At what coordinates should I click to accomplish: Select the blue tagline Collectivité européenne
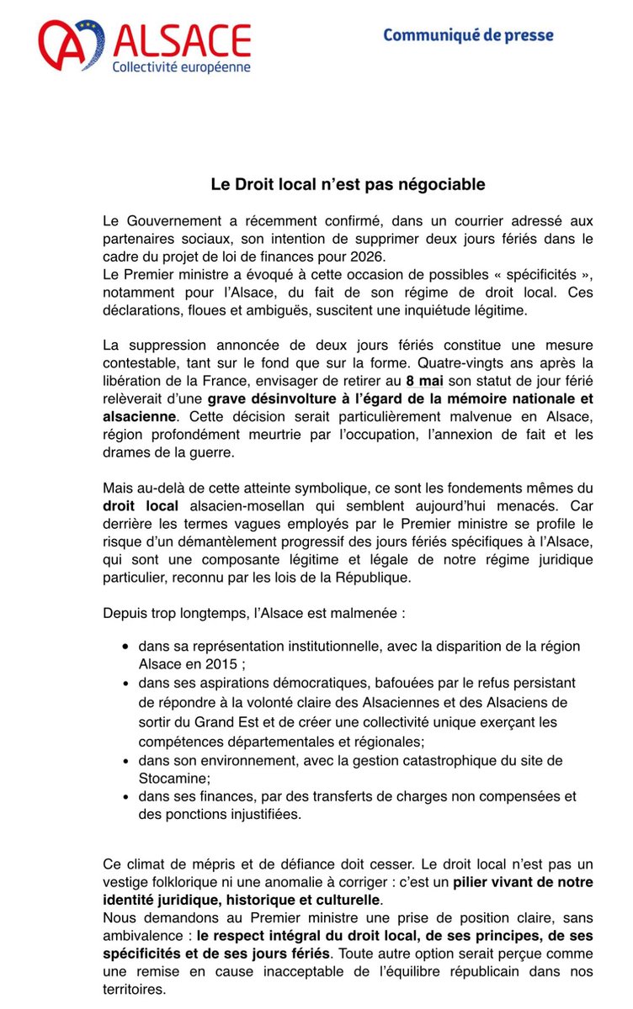point(182,66)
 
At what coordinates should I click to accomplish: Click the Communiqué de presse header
point(468,35)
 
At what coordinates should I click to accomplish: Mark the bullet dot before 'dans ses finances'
point(125,796)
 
